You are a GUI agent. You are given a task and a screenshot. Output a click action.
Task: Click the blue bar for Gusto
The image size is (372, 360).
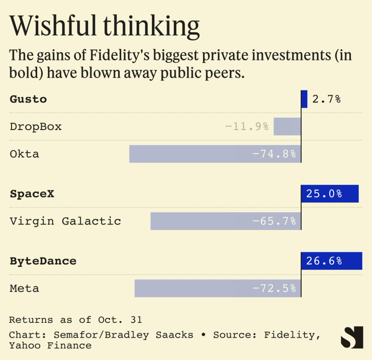click(x=304, y=99)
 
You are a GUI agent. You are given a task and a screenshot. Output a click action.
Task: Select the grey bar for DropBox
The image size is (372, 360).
click(x=287, y=127)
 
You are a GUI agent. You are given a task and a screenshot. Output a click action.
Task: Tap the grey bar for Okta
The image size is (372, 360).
click(x=215, y=154)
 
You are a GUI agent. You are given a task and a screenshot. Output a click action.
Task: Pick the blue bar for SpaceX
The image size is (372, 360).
click(x=330, y=194)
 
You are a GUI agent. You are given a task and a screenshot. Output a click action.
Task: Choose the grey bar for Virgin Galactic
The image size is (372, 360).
click(x=225, y=221)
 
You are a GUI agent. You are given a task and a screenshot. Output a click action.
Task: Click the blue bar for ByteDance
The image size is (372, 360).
click(x=331, y=261)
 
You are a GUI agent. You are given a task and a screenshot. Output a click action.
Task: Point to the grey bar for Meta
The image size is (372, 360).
click(x=217, y=289)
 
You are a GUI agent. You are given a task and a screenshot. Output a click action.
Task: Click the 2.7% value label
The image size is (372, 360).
click(x=326, y=99)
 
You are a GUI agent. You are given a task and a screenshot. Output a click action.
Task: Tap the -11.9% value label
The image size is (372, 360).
click(x=246, y=127)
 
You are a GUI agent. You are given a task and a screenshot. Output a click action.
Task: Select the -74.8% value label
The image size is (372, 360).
click(x=274, y=154)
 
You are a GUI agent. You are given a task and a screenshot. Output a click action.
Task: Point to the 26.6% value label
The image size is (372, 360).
click(x=324, y=261)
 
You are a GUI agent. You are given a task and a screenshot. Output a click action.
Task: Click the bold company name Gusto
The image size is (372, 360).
click(x=28, y=99)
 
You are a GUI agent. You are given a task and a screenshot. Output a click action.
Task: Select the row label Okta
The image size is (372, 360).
click(x=24, y=154)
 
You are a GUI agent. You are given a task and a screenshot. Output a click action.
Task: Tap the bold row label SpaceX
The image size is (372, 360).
click(x=32, y=194)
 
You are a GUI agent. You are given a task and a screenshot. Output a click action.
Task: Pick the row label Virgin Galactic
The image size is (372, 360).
click(x=65, y=221)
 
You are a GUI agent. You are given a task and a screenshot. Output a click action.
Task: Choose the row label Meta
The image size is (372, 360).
click(x=24, y=289)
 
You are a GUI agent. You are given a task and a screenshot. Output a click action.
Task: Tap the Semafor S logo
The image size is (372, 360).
click(x=351, y=337)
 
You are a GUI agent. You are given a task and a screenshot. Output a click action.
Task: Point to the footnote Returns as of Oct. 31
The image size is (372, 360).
click(x=75, y=319)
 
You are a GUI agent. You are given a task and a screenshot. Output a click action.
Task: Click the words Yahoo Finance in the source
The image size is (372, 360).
click(x=50, y=345)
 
